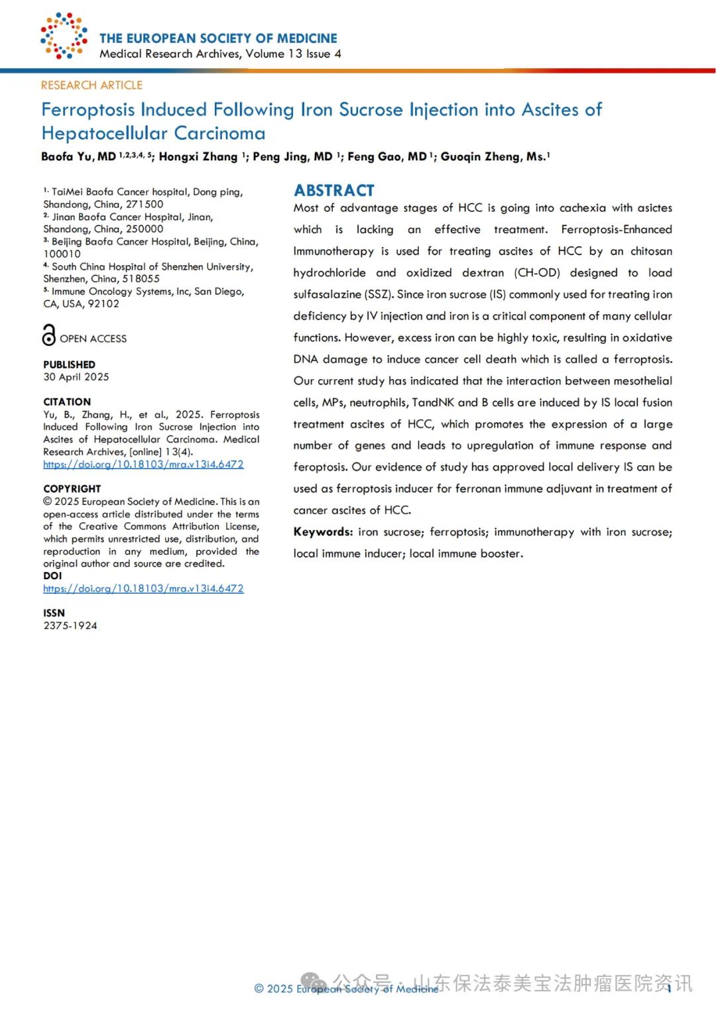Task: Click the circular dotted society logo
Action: (x=64, y=35)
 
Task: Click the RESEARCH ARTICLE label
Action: (x=91, y=85)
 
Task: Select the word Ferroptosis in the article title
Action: (x=88, y=109)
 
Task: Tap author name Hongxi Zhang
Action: (x=198, y=156)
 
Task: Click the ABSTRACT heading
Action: (x=334, y=190)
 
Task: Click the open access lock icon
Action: (x=49, y=335)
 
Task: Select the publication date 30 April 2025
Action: (x=76, y=376)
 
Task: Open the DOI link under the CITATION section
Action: (x=143, y=464)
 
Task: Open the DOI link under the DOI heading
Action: (x=143, y=588)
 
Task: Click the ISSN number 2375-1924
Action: (x=70, y=625)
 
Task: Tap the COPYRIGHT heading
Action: (x=72, y=488)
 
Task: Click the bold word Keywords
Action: (x=323, y=532)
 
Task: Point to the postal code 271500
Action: (x=145, y=204)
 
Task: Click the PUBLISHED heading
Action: (x=69, y=365)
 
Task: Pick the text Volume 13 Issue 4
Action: (x=293, y=54)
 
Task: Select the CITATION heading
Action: (x=67, y=402)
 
